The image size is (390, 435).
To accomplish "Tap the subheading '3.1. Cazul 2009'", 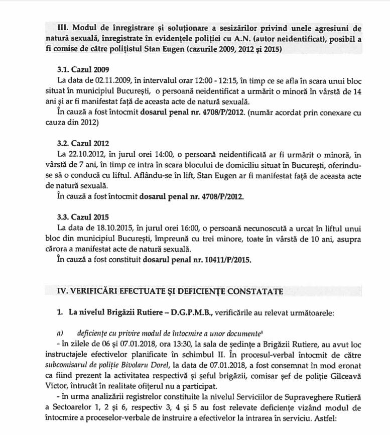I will click(x=82, y=69).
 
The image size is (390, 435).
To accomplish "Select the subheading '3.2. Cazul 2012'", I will click(x=82, y=144).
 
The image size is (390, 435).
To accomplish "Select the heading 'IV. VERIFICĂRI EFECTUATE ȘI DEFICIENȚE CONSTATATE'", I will click(x=170, y=291).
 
